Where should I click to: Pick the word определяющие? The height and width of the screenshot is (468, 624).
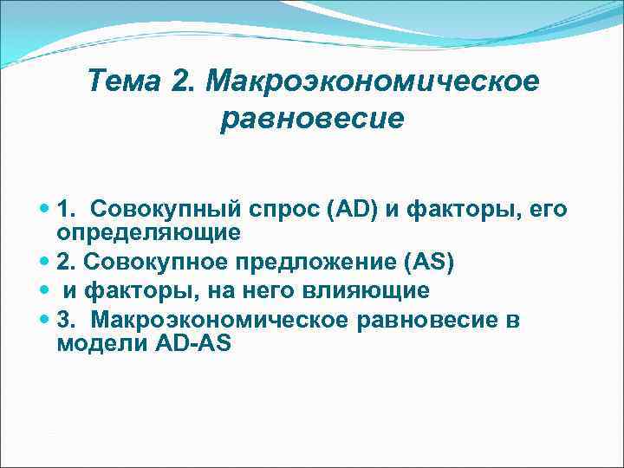pos(148,233)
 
